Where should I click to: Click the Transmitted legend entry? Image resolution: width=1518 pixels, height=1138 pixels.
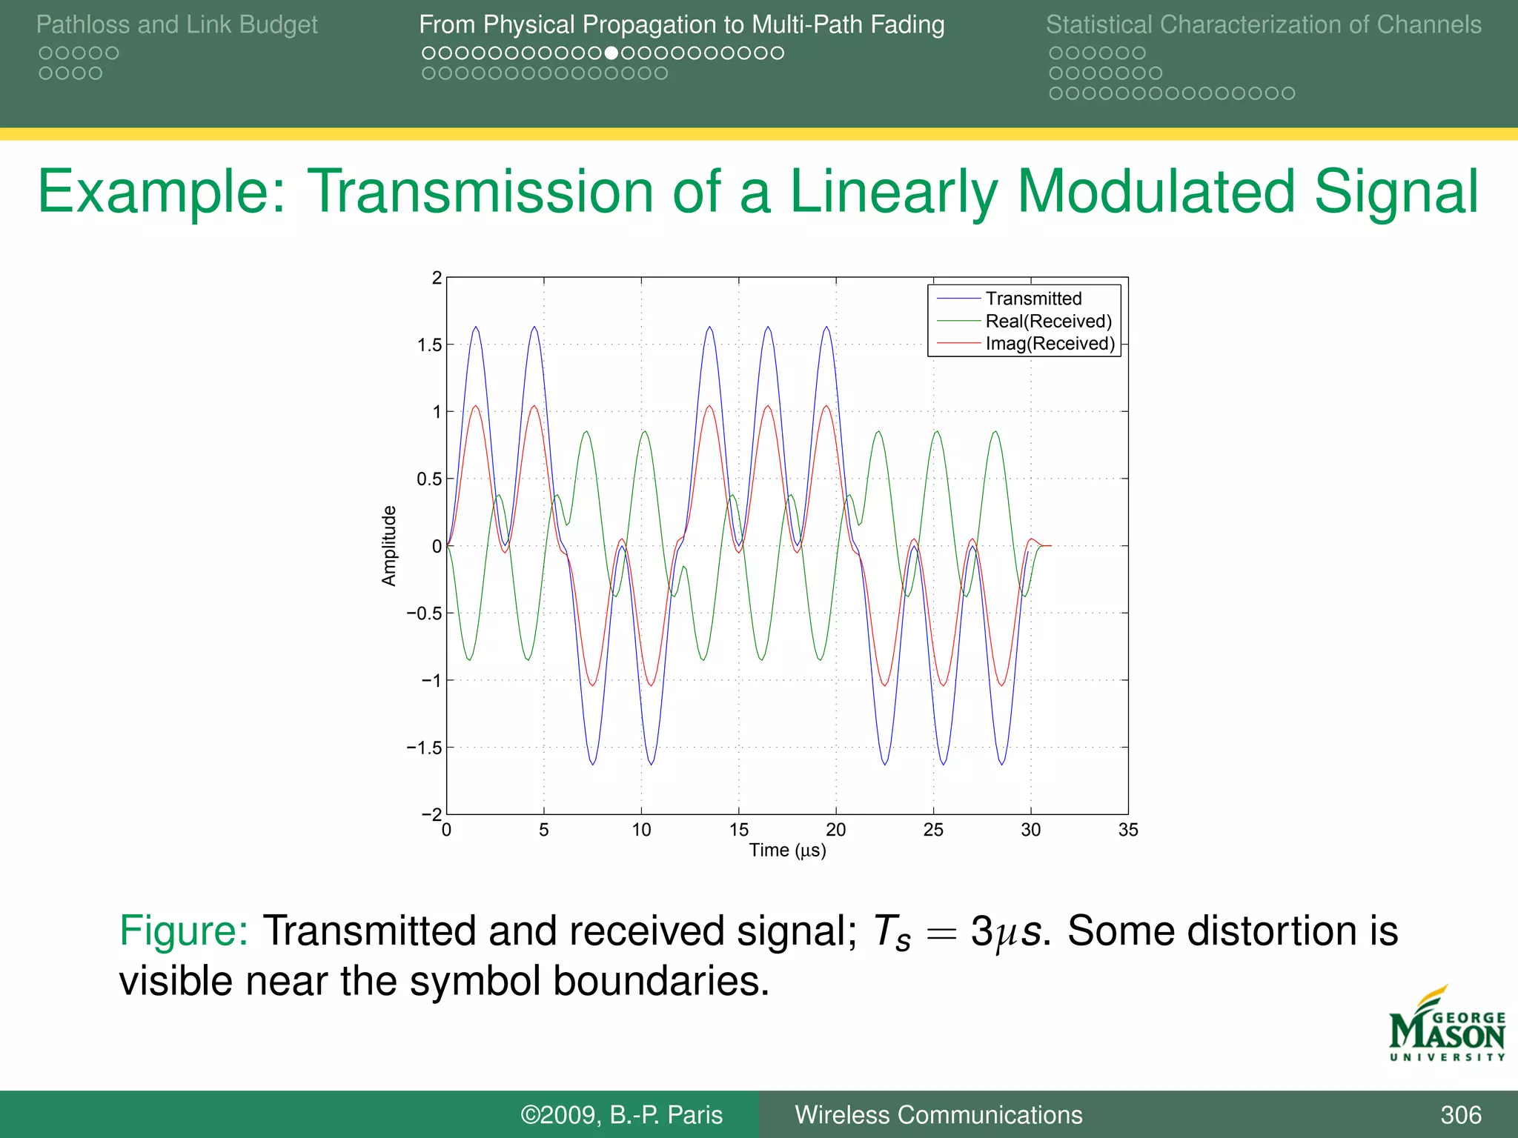tap(1033, 299)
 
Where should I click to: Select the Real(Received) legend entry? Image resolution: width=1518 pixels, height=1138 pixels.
tap(1048, 321)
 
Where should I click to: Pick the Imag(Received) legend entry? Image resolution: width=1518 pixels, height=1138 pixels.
tap(1050, 343)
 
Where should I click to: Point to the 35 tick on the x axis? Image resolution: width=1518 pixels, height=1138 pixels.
tap(1127, 830)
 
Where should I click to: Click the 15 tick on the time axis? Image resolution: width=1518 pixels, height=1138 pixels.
tap(738, 830)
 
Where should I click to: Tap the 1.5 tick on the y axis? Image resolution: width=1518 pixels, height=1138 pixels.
tap(429, 345)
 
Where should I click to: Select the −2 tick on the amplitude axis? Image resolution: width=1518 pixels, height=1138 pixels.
tap(431, 813)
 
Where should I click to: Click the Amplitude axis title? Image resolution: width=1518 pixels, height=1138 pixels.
tap(389, 546)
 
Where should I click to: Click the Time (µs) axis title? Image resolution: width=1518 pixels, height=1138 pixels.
tap(787, 850)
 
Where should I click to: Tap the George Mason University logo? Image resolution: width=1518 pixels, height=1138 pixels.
tap(1446, 1026)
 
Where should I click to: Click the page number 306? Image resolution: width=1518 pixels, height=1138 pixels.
tap(1460, 1114)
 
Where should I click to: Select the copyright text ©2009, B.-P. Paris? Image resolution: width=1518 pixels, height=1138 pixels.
tap(621, 1114)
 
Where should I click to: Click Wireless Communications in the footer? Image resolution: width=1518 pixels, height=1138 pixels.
tap(938, 1114)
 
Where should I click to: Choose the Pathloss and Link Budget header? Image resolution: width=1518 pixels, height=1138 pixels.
tap(176, 24)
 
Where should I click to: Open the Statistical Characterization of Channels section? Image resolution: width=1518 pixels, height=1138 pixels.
tap(1263, 24)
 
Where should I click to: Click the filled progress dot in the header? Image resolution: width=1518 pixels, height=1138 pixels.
tap(611, 53)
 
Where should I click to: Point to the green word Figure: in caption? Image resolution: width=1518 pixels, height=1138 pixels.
tap(183, 931)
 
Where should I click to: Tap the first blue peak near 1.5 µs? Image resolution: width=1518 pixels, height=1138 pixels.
tap(476, 327)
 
